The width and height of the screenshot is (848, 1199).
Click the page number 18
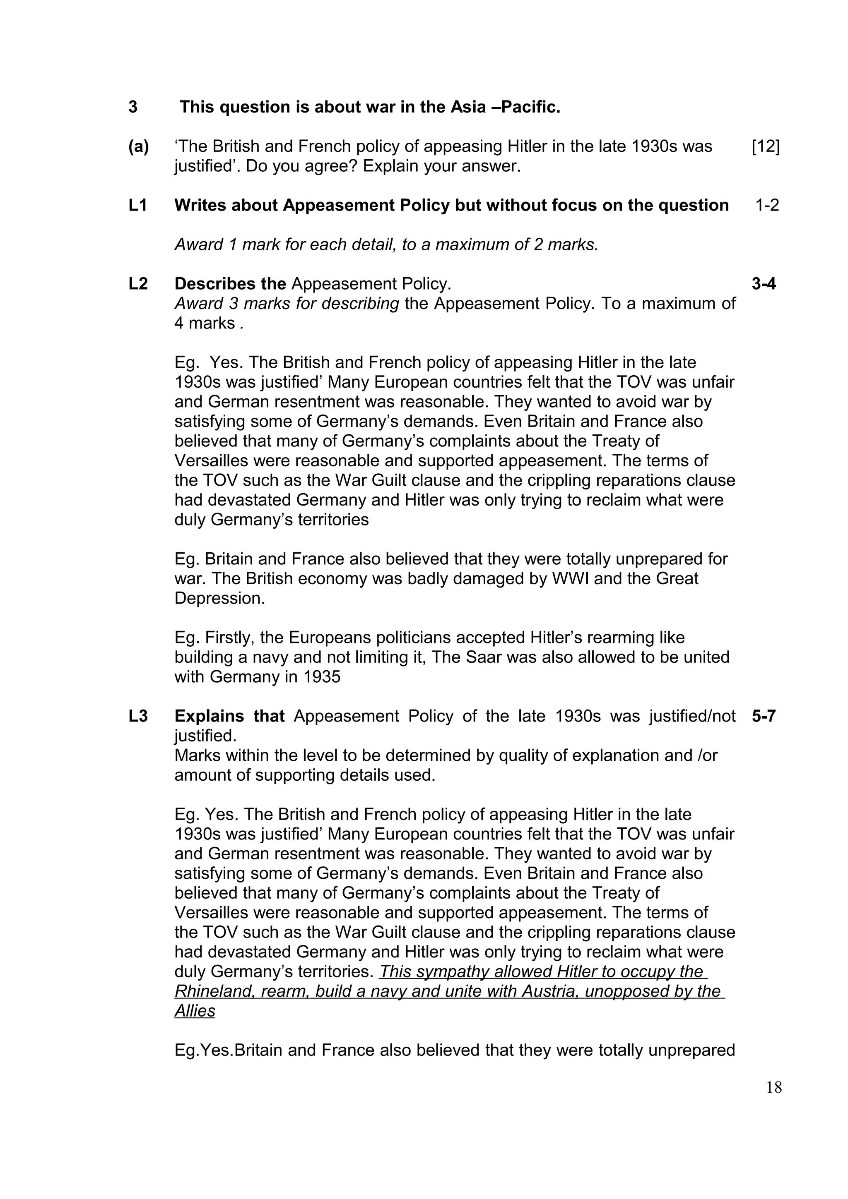774,1087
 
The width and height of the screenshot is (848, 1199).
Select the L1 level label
138,205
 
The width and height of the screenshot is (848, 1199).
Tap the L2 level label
138,283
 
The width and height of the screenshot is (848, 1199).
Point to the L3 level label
138,715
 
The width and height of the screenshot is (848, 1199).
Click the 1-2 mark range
766,205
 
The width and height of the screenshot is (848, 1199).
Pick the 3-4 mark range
764,283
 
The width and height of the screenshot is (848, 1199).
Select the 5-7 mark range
764,715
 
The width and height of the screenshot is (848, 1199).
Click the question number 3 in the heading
133,107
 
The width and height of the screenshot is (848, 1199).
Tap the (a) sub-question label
138,147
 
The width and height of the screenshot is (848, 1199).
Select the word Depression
219,598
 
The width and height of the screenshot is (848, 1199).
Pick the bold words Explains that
229,715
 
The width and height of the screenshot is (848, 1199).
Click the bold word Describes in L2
212,283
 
